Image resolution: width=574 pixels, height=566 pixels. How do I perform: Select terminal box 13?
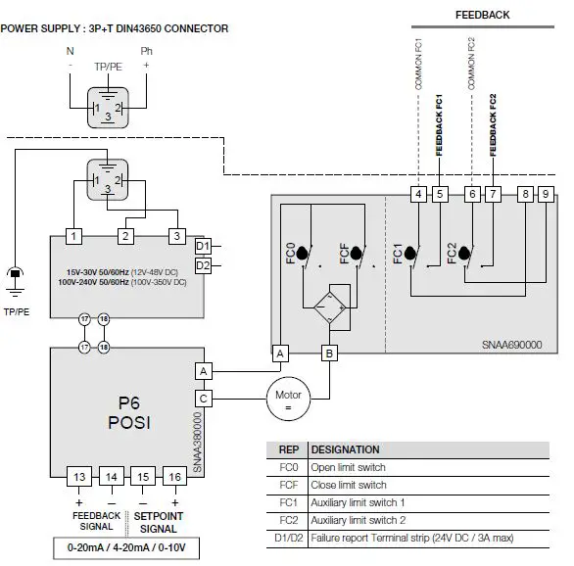pyautogui.click(x=81, y=477)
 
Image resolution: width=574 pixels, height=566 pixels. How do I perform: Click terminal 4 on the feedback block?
pyautogui.click(x=418, y=194)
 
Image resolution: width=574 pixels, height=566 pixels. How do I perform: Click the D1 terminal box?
pyautogui.click(x=203, y=246)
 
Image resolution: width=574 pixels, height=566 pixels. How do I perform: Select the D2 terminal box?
pyautogui.click(x=203, y=265)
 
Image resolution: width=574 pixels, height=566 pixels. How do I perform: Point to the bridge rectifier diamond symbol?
pyautogui.click(x=328, y=307)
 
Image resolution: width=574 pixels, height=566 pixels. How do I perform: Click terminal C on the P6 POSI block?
pyautogui.click(x=204, y=399)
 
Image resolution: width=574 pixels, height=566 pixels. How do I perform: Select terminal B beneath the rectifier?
pyautogui.click(x=329, y=353)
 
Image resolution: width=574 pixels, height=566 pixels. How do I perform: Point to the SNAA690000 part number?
pyautogui.click(x=510, y=346)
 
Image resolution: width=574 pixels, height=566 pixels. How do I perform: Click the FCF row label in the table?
pyautogui.click(x=288, y=485)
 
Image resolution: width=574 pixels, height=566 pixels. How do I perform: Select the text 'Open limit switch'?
pyautogui.click(x=349, y=467)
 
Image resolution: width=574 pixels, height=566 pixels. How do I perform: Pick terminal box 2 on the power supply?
pyautogui.click(x=126, y=236)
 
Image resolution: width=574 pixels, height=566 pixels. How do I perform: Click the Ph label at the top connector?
pyautogui.click(x=147, y=49)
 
